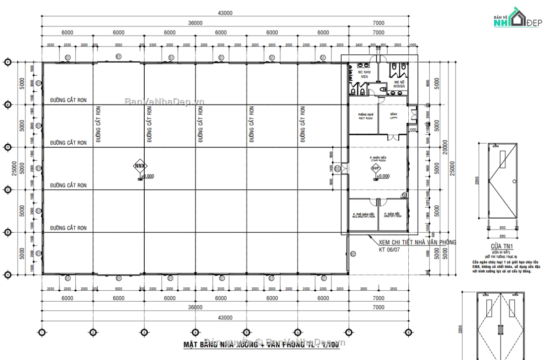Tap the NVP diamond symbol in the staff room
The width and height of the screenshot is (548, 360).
376,168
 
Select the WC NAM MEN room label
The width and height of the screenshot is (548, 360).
364,74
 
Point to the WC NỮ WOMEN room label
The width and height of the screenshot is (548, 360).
399,84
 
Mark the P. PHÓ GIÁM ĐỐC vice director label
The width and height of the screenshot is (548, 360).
364,215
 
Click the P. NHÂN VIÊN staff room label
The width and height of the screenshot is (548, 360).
378,158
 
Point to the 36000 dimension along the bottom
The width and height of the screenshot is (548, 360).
195,308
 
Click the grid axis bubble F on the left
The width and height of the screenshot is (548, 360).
7,62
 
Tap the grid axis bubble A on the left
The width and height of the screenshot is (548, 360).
7,275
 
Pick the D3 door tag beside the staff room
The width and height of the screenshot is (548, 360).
337,169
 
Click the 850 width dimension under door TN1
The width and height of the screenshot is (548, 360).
502,236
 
